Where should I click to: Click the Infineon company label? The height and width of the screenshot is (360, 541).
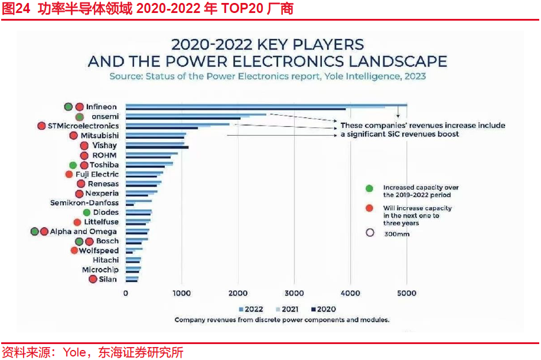pyautogui.click(x=102, y=107)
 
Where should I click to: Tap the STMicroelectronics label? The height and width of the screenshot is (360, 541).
pyautogui.click(x=83, y=126)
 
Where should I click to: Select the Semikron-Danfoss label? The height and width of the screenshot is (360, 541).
pyautogui.click(x=84, y=203)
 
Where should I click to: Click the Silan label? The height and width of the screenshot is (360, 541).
pyautogui.click(x=108, y=279)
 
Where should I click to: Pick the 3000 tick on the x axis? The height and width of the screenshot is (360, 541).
pyautogui.click(x=295, y=293)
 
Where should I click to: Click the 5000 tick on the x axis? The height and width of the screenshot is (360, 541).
pyautogui.click(x=407, y=293)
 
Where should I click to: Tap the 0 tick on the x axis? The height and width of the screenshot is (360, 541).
pyautogui.click(x=126, y=293)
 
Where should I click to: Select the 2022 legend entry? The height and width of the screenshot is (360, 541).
pyautogui.click(x=251, y=309)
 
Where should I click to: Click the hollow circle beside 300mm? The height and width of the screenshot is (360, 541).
pyautogui.click(x=370, y=233)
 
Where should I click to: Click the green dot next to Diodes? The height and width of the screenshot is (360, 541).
pyautogui.click(x=87, y=212)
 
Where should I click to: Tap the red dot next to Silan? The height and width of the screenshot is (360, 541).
pyautogui.click(x=93, y=279)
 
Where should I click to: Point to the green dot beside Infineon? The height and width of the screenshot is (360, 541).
pyautogui.click(x=69, y=107)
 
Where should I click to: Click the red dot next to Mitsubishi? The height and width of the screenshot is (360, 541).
pyautogui.click(x=74, y=136)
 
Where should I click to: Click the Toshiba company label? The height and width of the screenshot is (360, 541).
pyautogui.click(x=104, y=165)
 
